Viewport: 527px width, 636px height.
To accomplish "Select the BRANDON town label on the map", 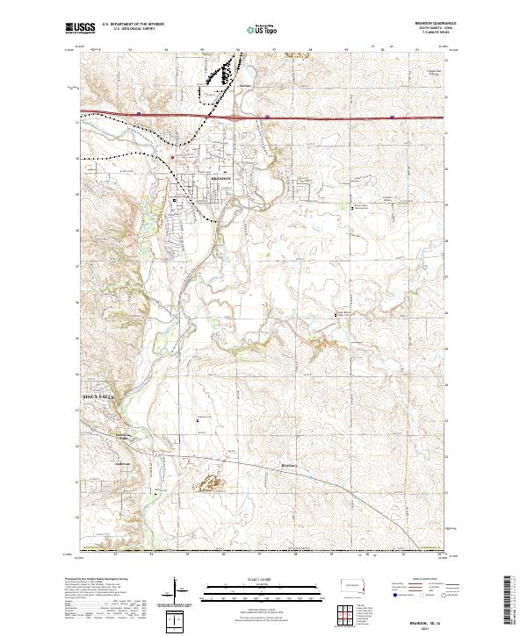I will (x=220, y=177).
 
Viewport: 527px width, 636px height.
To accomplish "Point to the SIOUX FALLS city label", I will (x=99, y=397).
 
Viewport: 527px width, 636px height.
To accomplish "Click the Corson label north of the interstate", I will (x=246, y=85).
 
